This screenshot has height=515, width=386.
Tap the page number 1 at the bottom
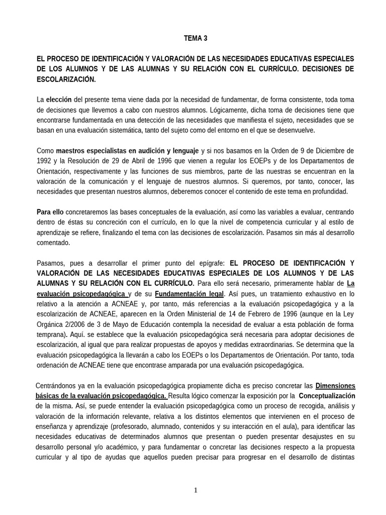pos(196,491)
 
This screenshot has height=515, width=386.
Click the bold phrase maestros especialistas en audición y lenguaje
pos(127,150)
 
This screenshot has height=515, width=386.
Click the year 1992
pos(45,160)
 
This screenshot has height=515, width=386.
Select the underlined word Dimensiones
pos(335,386)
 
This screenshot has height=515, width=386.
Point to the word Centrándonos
pos(58,386)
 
